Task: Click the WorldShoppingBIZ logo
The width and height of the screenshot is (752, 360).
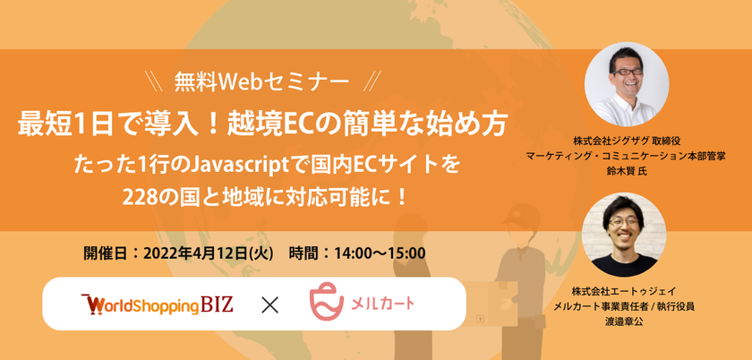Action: (158, 304)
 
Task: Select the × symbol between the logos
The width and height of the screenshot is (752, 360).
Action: (269, 304)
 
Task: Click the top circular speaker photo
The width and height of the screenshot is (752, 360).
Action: (627, 84)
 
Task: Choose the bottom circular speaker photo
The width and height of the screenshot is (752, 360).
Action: (624, 235)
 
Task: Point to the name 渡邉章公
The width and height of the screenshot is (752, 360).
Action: (624, 322)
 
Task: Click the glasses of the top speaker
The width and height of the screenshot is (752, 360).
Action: (627, 72)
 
